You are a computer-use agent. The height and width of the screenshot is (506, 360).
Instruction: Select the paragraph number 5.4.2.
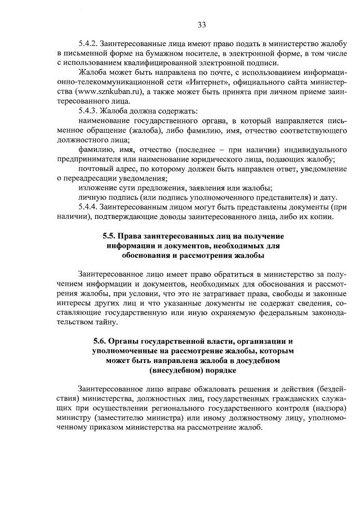[x=89, y=43]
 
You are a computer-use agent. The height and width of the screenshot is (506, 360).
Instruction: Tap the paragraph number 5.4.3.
[x=89, y=110]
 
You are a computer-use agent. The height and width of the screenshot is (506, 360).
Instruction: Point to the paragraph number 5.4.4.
[x=89, y=207]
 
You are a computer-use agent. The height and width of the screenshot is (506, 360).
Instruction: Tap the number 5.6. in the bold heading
[x=101, y=341]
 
